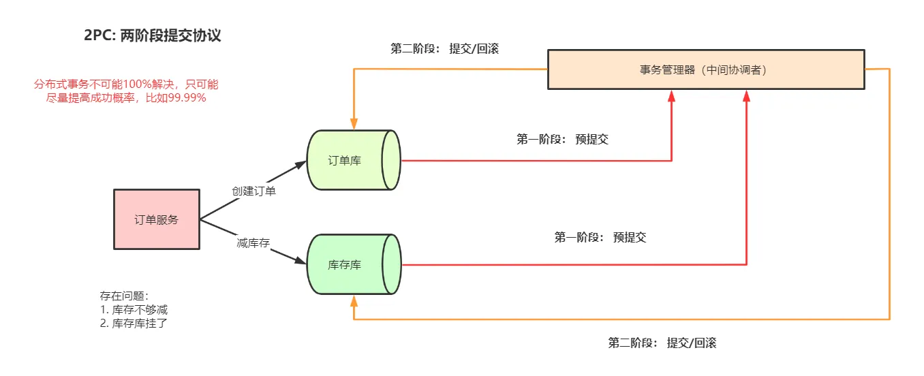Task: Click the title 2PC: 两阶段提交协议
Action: [153, 36]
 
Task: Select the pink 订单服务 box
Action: [156, 219]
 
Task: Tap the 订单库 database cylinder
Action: [353, 160]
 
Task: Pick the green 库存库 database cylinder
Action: [353, 264]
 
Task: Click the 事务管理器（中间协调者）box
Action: [706, 69]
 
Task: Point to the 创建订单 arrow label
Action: [253, 191]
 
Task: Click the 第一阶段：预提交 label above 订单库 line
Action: [562, 139]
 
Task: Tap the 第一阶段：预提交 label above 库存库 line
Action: [600, 237]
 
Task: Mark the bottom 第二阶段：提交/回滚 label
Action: [662, 343]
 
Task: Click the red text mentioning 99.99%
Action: [126, 91]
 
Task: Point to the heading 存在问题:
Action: [124, 296]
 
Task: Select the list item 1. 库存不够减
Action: [134, 309]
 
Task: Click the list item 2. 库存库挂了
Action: [134, 323]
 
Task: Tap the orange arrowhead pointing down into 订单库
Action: [353, 123]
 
